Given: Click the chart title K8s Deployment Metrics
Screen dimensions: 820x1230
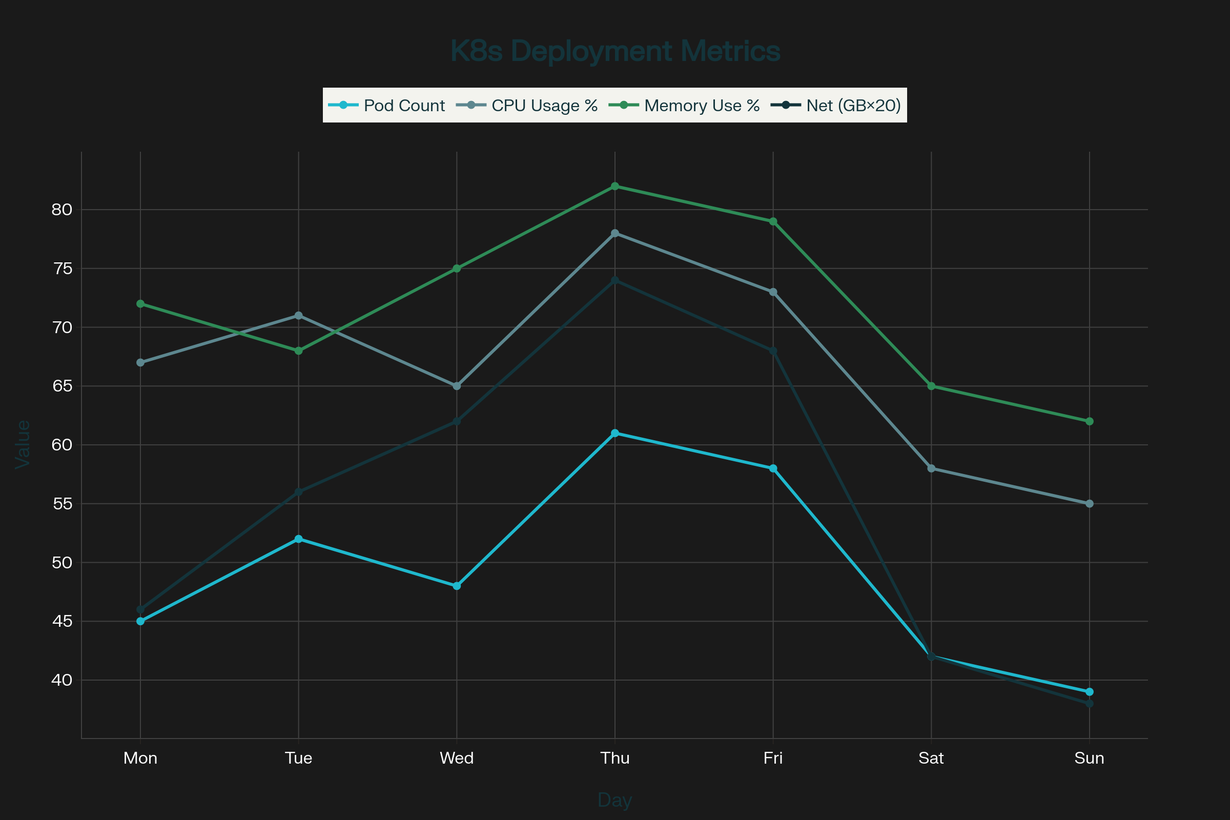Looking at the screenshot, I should (x=615, y=51).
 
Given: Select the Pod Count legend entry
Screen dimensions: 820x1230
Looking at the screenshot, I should (x=387, y=106).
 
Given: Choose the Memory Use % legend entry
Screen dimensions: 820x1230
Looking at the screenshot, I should (x=685, y=106).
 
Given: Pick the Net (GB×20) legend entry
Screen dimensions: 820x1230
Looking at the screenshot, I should (x=836, y=106).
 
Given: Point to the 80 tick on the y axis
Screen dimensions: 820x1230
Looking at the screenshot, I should (x=61, y=210).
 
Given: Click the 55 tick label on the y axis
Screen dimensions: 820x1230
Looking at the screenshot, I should (x=61, y=504).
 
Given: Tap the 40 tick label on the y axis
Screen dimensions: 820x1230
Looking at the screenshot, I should (x=61, y=681).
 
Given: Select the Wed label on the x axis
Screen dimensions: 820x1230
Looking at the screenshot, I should (x=457, y=758).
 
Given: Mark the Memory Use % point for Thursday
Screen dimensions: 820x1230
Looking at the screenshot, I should (x=615, y=186).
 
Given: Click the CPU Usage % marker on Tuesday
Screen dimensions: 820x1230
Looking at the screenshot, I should (x=299, y=315).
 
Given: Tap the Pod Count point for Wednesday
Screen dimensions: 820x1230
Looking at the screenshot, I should (x=457, y=586).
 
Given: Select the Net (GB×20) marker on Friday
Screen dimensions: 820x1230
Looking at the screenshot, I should (x=773, y=351).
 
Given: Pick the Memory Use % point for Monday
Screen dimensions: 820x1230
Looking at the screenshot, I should (x=140, y=304).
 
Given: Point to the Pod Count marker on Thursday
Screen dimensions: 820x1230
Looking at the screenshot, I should (x=615, y=433).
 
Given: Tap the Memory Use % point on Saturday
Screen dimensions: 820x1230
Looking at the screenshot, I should (x=931, y=386).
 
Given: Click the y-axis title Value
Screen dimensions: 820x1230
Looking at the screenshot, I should (x=23, y=444).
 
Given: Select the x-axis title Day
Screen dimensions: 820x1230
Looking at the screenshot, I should (x=615, y=801).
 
